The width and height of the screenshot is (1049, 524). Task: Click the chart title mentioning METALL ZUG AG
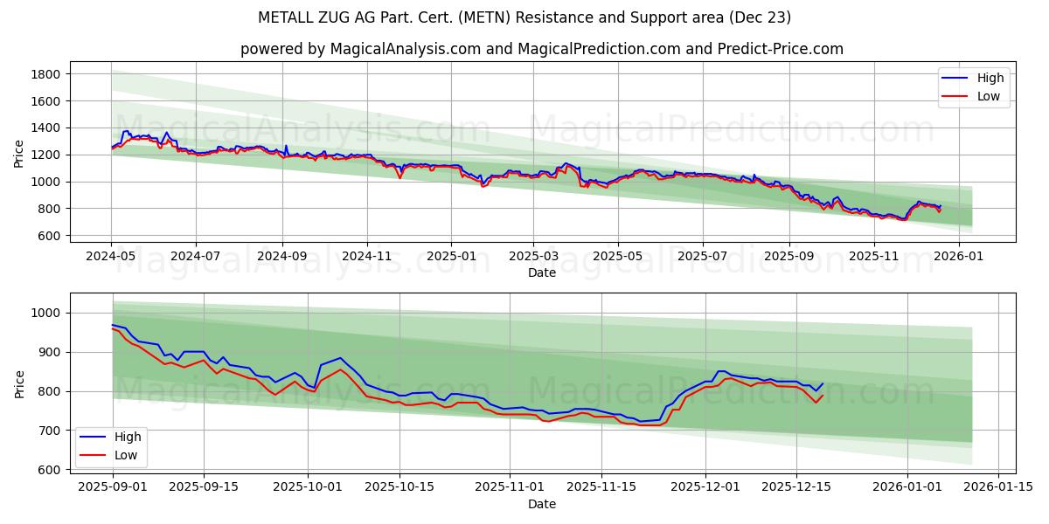[524, 17]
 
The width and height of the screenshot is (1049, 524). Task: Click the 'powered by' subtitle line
[542, 49]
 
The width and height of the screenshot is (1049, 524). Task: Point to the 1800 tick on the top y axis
[45, 74]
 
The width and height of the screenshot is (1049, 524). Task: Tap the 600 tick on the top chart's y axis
[49, 236]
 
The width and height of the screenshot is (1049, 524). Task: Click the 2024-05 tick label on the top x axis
[111, 256]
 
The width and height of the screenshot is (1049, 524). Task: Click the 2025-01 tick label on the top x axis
[451, 256]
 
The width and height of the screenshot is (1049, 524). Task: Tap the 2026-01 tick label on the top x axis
[959, 256]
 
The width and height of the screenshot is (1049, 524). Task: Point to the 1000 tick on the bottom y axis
[45, 313]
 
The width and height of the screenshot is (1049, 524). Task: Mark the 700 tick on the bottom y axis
[49, 431]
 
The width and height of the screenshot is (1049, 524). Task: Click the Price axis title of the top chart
[19, 155]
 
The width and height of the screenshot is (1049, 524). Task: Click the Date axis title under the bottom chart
[542, 504]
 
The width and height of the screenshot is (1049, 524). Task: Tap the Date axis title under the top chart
[542, 272]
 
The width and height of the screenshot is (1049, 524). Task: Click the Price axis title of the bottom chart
[19, 385]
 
